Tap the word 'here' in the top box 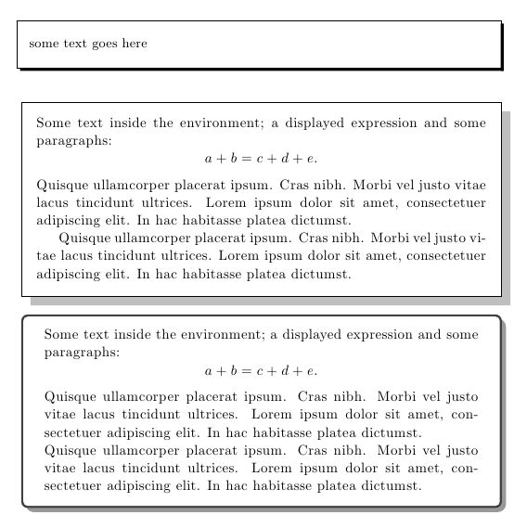[135, 44]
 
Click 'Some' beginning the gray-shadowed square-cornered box [53, 122]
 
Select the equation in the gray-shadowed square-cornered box [261, 159]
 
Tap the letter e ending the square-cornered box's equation [314, 160]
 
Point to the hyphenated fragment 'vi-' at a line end [477, 237]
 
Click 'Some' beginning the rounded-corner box [60, 334]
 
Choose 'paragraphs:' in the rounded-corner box [82, 353]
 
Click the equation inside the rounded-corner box [261, 370]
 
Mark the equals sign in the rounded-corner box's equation [247, 371]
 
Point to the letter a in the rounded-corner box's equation [209, 371]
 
